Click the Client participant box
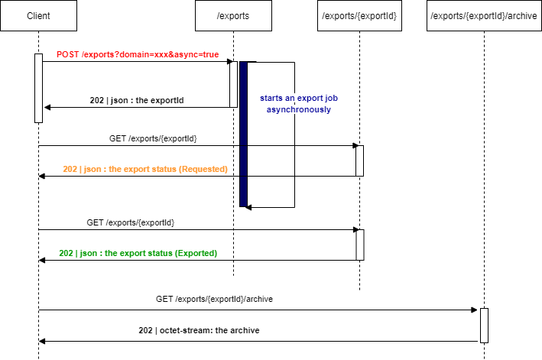point(38,15)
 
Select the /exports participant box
point(233,15)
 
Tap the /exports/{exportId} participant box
point(359,15)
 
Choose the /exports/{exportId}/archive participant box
point(484,15)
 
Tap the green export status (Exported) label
point(138,253)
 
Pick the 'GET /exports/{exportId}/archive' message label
point(214,299)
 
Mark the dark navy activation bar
point(243,134)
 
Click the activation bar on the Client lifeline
point(38,88)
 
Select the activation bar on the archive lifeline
point(484,325)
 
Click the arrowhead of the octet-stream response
point(43,341)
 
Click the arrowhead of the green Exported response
point(43,261)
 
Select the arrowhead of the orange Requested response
point(43,177)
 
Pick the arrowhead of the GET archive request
point(475,310)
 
